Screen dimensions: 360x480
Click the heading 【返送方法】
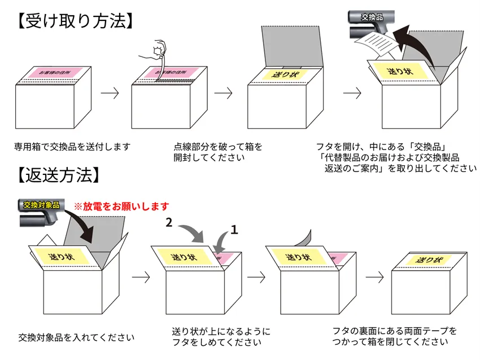[56, 174]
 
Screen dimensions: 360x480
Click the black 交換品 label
[372, 17]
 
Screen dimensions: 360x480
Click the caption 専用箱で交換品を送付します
[73, 147]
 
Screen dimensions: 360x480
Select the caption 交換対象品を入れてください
[76, 337]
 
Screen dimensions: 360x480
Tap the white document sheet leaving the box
[378, 42]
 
